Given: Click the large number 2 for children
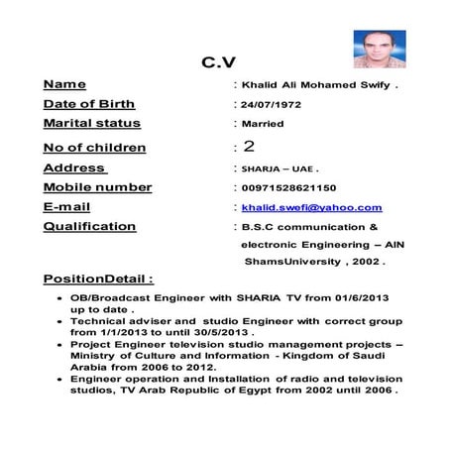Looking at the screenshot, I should point(249,147).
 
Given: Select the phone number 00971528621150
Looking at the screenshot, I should point(288,187).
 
